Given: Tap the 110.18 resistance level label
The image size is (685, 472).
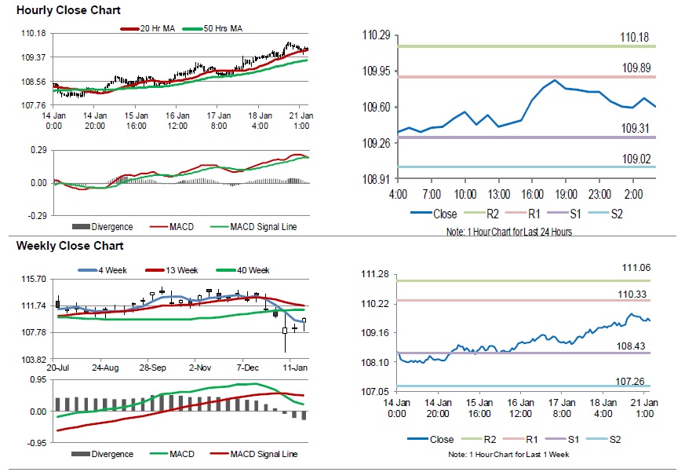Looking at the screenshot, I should pyautogui.click(x=635, y=37).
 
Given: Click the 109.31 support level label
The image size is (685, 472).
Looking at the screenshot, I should pyautogui.click(x=636, y=129).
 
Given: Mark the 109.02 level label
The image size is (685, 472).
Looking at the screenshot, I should pyautogui.click(x=636, y=159).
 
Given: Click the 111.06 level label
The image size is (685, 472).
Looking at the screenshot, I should pyautogui.click(x=636, y=268).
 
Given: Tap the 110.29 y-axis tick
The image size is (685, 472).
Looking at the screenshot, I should pyautogui.click(x=376, y=35).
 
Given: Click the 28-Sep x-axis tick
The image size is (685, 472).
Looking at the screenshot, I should pyautogui.click(x=152, y=367).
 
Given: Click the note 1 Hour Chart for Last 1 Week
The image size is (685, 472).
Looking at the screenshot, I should pyautogui.click(x=508, y=454).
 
